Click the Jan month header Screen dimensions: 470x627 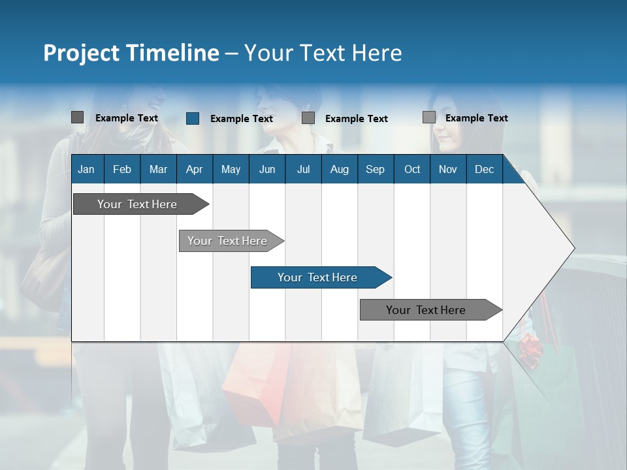tap(86, 169)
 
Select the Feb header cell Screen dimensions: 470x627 tap(122, 169)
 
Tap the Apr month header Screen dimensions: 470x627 tap(194, 169)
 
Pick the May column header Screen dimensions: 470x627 tap(231, 169)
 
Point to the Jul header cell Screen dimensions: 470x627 tap(303, 169)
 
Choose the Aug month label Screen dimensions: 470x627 tap(340, 169)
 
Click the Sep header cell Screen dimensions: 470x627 tap(376, 169)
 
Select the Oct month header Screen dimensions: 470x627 tap(412, 169)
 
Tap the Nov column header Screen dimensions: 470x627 tap(448, 169)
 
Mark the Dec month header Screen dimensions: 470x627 tap(484, 169)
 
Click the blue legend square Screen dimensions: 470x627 tap(193, 118)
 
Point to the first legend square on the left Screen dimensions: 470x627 tap(77, 117)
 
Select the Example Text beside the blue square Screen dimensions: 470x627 tap(241, 119)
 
